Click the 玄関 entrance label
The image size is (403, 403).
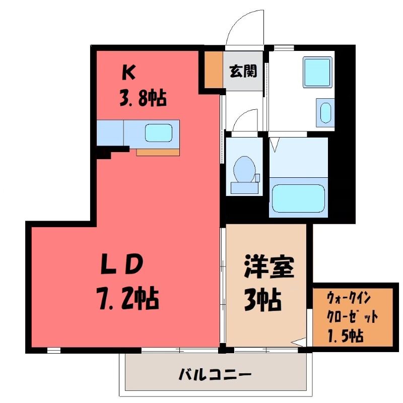click(243, 71)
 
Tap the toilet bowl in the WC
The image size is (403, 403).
click(244, 169)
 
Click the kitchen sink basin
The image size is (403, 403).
click(158, 133)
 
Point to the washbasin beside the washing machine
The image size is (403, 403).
click(325, 113)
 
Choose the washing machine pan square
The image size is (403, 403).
click(317, 72)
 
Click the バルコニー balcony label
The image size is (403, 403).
click(215, 374)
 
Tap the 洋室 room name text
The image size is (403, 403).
click(268, 267)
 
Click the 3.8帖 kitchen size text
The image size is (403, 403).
click(143, 98)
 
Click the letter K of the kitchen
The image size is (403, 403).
click(128, 72)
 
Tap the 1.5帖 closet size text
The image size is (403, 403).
click(346, 335)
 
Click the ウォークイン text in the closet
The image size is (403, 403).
click(349, 299)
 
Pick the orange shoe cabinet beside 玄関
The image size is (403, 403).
click(214, 69)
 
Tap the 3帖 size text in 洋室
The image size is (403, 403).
click(262, 300)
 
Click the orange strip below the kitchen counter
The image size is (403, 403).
click(158, 152)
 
